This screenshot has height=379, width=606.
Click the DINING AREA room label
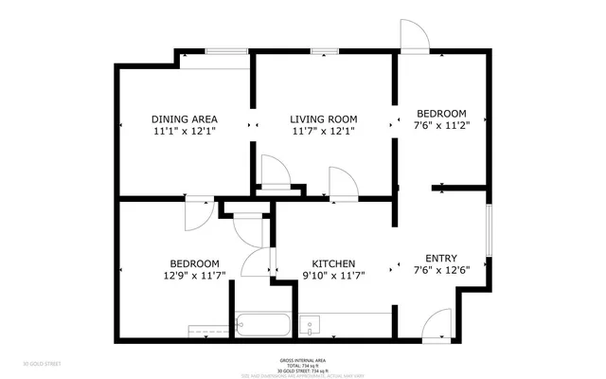click(x=185, y=119)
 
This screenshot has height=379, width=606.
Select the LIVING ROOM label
click(x=323, y=119)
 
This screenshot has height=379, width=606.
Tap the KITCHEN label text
click(x=334, y=264)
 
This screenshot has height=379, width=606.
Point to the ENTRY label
click(x=441, y=258)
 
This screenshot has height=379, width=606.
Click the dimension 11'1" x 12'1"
click(x=185, y=132)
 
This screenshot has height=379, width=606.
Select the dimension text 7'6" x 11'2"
click(x=441, y=123)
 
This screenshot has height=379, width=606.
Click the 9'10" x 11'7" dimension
click(x=334, y=276)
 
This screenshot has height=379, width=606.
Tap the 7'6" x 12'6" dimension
click(x=441, y=269)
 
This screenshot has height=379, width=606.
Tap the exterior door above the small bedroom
click(x=415, y=36)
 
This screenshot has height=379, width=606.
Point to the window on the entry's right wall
click(x=489, y=228)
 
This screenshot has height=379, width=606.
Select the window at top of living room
click(x=325, y=51)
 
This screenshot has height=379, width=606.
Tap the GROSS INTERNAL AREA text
click(x=303, y=360)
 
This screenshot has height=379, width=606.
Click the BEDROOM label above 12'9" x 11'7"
click(x=195, y=264)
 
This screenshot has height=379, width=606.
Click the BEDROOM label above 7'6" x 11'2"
click(x=441, y=112)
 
